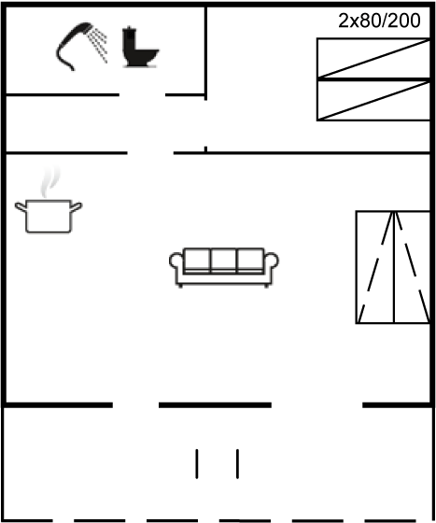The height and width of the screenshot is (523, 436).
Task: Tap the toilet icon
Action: tap(140, 47)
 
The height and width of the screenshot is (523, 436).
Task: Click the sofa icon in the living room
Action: tap(224, 267)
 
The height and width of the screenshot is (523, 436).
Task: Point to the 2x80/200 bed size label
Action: tap(379, 21)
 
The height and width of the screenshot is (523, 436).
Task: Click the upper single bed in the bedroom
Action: tap(373, 58)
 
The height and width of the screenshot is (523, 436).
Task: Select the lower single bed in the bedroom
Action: tap(373, 100)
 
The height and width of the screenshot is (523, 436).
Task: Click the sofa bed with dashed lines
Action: tap(393, 267)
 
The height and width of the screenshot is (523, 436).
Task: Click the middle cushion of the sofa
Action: tap(224, 261)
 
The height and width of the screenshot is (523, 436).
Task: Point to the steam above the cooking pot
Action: tap(50, 182)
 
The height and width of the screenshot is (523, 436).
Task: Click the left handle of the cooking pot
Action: tap(21, 206)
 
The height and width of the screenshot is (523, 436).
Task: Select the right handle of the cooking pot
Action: tap(77, 206)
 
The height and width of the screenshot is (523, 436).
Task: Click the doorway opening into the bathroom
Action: tap(142, 95)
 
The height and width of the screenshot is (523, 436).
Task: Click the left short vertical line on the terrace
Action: tap(197, 464)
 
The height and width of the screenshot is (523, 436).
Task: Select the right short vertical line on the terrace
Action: tap(238, 464)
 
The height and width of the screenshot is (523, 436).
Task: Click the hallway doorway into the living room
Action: tap(150, 153)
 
